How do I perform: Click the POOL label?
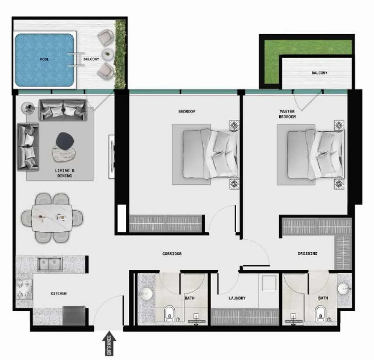[x=44, y=59]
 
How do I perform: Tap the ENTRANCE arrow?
[x=109, y=343]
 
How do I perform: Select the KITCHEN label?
[x=59, y=293]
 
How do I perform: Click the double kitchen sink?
[x=50, y=264]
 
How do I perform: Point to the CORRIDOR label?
[x=172, y=254]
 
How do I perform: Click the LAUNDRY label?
[x=237, y=298]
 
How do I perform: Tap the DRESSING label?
[x=308, y=254]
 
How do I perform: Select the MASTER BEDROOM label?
[x=287, y=114]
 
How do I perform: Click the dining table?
[x=52, y=218]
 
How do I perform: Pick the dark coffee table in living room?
[x=65, y=141]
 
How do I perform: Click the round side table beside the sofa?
[x=28, y=108]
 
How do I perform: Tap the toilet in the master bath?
[x=321, y=314]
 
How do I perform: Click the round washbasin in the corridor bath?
[x=147, y=294]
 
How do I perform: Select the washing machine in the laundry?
[x=269, y=283]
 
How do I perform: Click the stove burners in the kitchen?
[x=24, y=289]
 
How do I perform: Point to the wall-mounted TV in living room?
[x=112, y=157]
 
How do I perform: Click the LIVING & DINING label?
[x=65, y=173]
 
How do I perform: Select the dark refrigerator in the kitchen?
[x=74, y=316]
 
